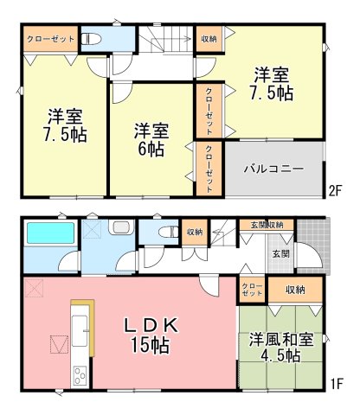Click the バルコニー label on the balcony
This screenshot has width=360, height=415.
click(273, 169)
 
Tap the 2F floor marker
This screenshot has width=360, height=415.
click(336, 190)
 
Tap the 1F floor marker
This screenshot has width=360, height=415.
click(337, 384)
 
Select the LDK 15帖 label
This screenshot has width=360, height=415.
click(151, 336)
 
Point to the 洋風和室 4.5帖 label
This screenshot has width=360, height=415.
click(281, 348)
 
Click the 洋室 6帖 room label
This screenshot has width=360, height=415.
click(151, 140)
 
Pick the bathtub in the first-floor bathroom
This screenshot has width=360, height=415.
click(51, 233)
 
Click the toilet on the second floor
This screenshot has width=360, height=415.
click(91, 39)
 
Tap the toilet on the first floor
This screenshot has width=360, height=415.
click(168, 232)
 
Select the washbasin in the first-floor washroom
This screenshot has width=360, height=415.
click(122, 227)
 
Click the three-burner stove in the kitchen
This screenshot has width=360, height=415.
click(80, 375)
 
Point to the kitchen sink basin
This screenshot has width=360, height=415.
click(80, 330)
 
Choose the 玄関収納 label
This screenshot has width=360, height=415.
click(267, 225)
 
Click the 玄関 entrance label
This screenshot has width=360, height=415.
click(280, 254)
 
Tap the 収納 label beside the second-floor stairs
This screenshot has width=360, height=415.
click(209, 39)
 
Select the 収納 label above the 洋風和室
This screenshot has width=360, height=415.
click(295, 290)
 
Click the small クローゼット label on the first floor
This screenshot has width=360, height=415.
click(252, 290)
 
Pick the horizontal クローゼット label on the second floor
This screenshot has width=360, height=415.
click(50, 39)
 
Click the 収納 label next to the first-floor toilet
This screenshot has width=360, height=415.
click(195, 232)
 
